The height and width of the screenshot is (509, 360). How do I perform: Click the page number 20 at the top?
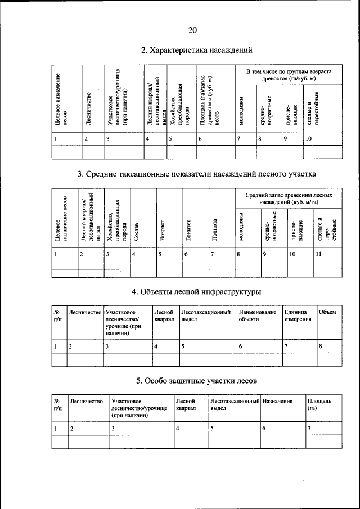[x=192, y=30]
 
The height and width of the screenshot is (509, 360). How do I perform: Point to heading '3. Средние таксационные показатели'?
[x=196, y=174]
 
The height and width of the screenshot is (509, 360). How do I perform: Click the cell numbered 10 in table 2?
[x=309, y=138]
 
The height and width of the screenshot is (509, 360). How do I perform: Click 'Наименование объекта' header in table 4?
[x=258, y=316]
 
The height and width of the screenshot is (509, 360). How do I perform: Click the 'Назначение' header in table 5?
[x=277, y=401]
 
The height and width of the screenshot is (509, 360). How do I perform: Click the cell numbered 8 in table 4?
[x=321, y=346]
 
